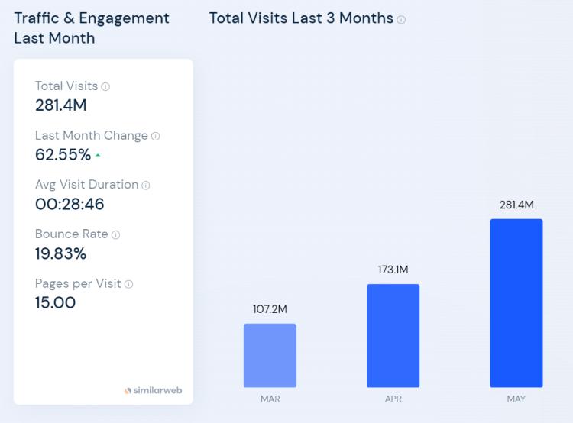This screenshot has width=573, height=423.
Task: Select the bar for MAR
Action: point(270,355)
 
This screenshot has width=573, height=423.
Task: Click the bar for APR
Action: point(393,335)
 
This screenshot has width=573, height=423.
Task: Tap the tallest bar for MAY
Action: point(516,303)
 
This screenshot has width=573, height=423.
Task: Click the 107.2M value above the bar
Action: point(270,309)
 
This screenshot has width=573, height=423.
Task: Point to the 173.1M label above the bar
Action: point(393,270)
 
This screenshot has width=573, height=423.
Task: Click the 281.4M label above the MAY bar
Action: point(516,205)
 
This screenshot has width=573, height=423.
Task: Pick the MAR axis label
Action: point(270,399)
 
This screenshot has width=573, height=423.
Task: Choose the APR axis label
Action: point(393,399)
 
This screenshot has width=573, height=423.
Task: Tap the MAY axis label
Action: point(516,399)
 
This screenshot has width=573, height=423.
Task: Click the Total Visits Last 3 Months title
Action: point(301,18)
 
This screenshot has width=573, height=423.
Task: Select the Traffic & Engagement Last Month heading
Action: point(92,27)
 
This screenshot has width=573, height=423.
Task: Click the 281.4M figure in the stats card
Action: point(61,105)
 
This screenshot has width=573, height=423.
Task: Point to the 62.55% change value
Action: point(63,155)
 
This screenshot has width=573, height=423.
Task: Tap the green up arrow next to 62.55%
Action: point(98,156)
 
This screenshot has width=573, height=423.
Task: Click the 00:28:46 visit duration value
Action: point(70,204)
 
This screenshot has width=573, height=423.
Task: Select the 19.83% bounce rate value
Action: point(60,253)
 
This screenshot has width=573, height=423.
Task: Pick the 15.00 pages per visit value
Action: point(55,302)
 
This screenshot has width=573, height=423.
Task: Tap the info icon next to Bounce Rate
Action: point(115,234)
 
